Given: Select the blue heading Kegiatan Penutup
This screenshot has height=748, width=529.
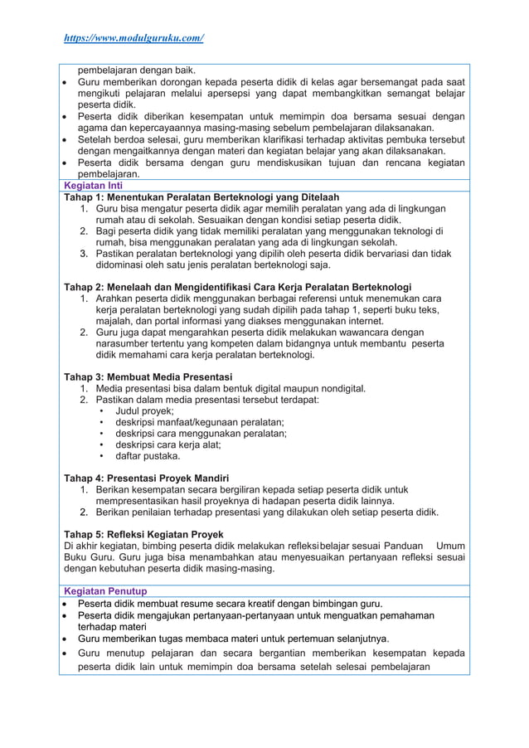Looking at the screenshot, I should (x=105, y=591).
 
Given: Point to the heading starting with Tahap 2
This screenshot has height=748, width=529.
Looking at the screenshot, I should (x=237, y=287).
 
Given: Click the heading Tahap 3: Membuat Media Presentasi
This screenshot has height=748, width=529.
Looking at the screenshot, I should (x=148, y=376).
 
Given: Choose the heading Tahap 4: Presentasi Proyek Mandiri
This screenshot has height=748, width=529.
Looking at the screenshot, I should (x=146, y=478).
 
